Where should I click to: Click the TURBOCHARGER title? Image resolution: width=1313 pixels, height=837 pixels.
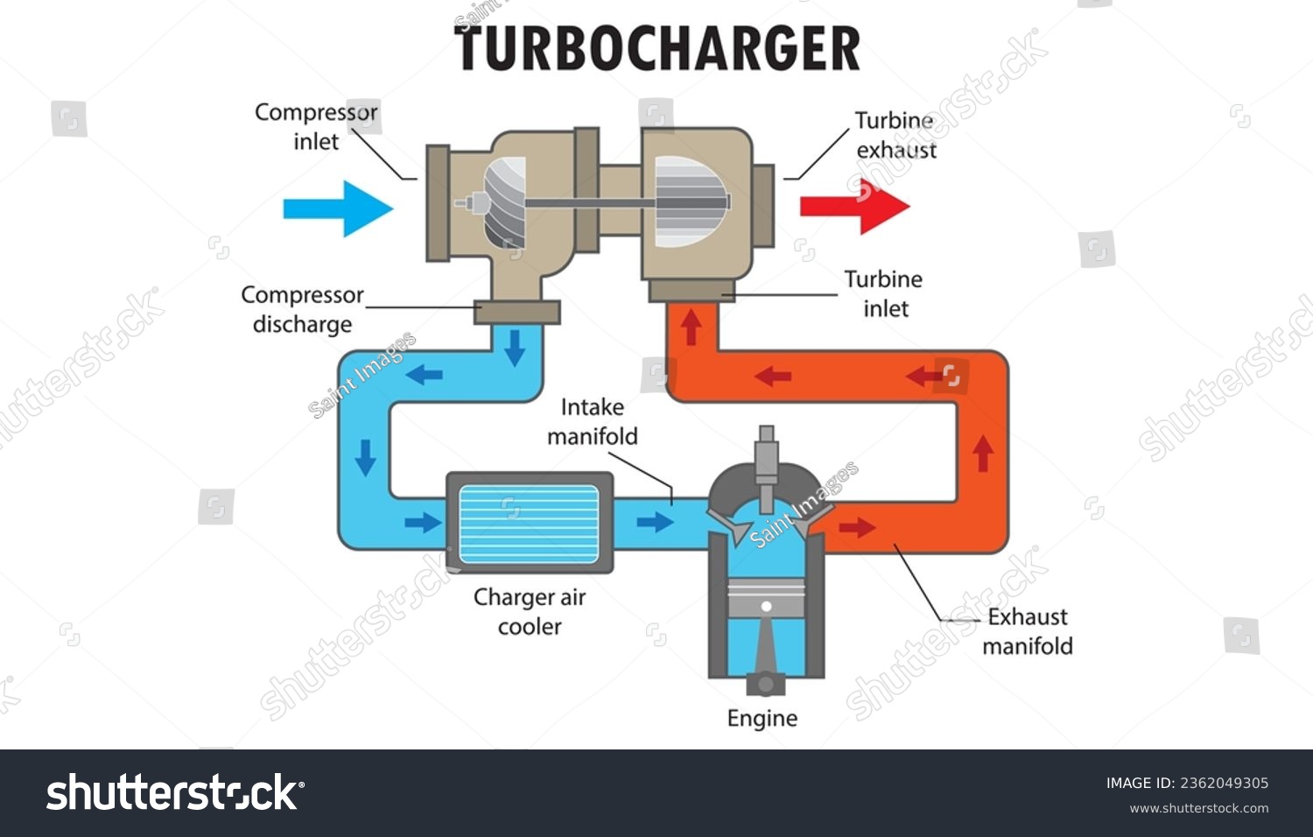pyautogui.click(x=657, y=48)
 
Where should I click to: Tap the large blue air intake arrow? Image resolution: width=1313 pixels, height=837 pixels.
pyautogui.click(x=338, y=208)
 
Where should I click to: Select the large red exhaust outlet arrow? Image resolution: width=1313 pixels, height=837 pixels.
pyautogui.click(x=854, y=207)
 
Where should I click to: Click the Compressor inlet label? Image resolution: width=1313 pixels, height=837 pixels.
pyautogui.click(x=316, y=126)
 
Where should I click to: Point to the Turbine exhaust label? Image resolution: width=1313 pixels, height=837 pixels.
pyautogui.click(x=895, y=135)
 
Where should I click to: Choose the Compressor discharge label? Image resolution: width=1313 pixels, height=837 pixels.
pyautogui.click(x=302, y=309)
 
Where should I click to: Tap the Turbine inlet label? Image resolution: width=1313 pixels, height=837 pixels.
pyautogui.click(x=883, y=293)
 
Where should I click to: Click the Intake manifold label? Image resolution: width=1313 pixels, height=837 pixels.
pyautogui.click(x=593, y=421)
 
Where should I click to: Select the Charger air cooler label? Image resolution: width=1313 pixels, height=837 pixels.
pyautogui.click(x=530, y=611)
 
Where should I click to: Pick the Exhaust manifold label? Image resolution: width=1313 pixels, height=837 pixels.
pyautogui.click(x=1028, y=631)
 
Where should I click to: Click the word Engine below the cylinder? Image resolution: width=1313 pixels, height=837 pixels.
pyautogui.click(x=762, y=718)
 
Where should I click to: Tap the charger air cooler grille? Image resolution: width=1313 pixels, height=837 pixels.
pyautogui.click(x=529, y=524)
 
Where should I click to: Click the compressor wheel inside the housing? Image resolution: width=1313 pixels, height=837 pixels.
pyautogui.click(x=504, y=202)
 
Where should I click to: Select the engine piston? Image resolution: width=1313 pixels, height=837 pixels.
pyautogui.click(x=766, y=603)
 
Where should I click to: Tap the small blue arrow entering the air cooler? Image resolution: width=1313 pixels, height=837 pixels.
pyautogui.click(x=423, y=523)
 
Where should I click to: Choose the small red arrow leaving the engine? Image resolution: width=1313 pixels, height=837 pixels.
pyautogui.click(x=857, y=527)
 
